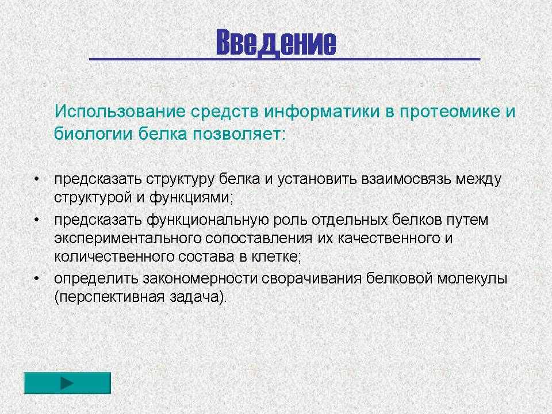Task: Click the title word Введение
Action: [x=277, y=43]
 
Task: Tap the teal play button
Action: [x=67, y=383]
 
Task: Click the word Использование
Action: [x=120, y=112]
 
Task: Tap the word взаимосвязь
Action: [x=407, y=179]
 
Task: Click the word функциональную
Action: [x=208, y=220]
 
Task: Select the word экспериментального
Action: [x=128, y=239]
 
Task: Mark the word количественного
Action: [x=114, y=256]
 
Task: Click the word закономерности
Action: [x=200, y=279]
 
